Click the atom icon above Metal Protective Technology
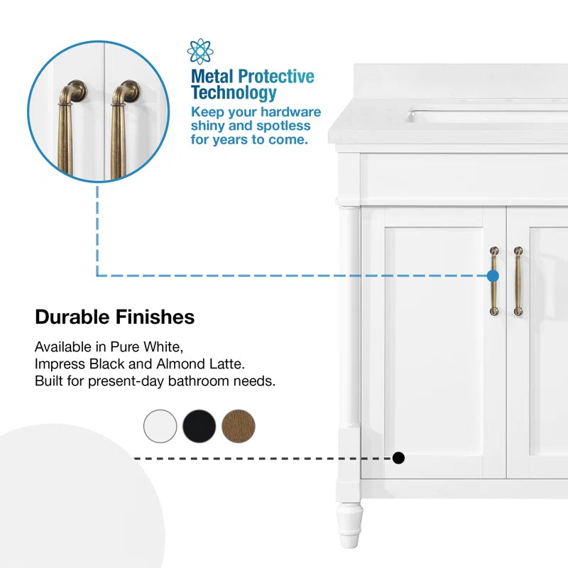click(x=200, y=51)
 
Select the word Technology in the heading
click(x=233, y=93)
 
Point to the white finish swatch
click(x=160, y=426)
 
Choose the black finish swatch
click(x=199, y=426)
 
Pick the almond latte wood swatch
click(x=238, y=426)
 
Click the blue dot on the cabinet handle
click(x=493, y=275)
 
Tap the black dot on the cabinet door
click(x=399, y=458)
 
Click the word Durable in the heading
click(x=72, y=317)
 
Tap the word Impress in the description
click(x=58, y=364)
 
